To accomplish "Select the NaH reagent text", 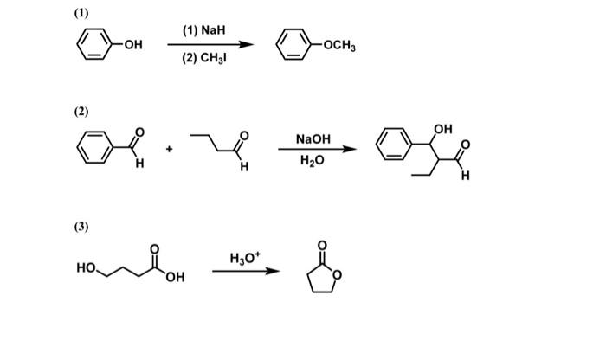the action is (203, 30).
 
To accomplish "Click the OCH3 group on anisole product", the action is (338, 45).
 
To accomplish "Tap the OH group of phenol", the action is (133, 45).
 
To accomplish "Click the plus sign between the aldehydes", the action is (170, 150).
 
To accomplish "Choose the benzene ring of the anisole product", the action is (294, 45).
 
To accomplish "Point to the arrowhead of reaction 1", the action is (249, 45).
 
